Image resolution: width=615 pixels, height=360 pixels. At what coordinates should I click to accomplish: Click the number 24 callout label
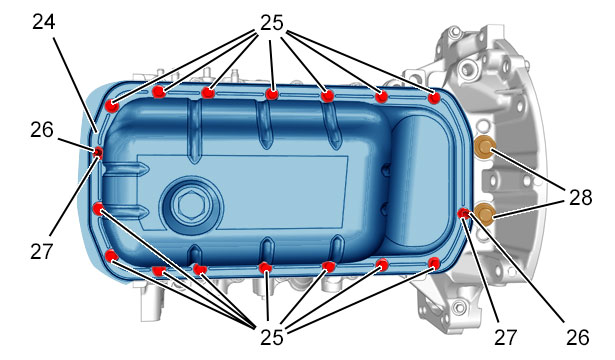click(x=44, y=22)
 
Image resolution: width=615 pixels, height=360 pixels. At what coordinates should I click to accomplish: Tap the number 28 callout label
click(x=580, y=197)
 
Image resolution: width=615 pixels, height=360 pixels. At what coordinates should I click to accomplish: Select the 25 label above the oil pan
click(x=271, y=23)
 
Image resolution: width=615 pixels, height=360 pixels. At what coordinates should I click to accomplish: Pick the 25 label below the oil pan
click(x=271, y=336)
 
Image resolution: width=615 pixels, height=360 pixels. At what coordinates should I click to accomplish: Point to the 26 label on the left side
click(x=42, y=129)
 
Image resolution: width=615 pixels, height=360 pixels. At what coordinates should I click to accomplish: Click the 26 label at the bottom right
click(x=578, y=337)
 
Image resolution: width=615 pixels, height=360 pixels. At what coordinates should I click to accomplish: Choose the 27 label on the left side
click(x=41, y=251)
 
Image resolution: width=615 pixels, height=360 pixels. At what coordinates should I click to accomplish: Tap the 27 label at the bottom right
click(x=505, y=337)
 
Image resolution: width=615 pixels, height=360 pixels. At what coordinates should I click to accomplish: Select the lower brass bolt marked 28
click(x=484, y=214)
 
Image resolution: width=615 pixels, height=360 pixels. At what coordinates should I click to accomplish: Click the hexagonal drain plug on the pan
click(x=189, y=204)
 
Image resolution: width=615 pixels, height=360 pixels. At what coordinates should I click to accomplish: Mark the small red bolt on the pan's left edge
click(x=98, y=152)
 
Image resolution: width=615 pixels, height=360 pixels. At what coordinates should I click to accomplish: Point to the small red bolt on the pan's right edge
click(x=464, y=213)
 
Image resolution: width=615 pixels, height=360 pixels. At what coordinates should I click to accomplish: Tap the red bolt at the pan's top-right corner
click(x=434, y=98)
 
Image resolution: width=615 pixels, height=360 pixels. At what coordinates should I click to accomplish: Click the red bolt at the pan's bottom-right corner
click(x=434, y=263)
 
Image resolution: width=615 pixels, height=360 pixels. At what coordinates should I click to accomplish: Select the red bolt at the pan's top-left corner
click(x=112, y=105)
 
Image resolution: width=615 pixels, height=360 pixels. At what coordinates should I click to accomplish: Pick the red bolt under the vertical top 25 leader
click(x=272, y=94)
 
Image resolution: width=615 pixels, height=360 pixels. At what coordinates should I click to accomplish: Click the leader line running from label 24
click(x=75, y=85)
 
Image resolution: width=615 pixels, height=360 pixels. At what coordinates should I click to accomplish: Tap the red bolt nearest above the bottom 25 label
click(x=266, y=268)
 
